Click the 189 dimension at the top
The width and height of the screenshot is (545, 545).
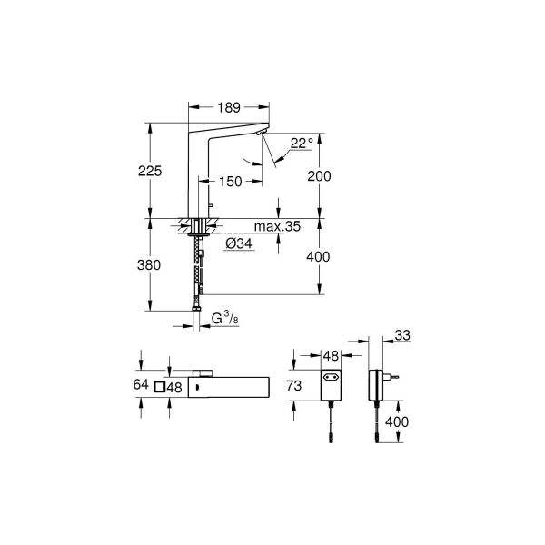(227, 107)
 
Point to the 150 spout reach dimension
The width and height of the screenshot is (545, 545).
(230, 182)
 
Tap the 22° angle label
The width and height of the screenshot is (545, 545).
(302, 143)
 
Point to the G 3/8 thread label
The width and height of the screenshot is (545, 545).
(223, 317)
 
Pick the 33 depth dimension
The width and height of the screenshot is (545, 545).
(402, 337)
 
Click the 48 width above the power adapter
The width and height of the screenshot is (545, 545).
(332, 356)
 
